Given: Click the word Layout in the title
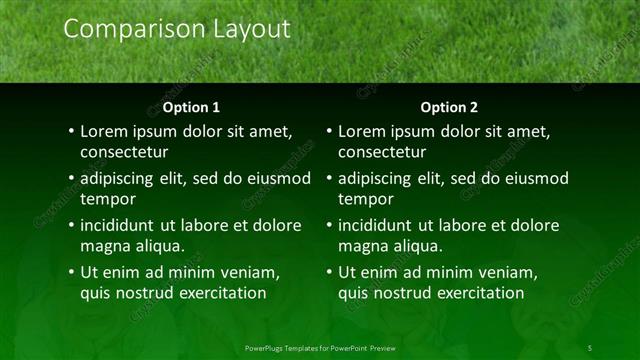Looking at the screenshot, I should point(248,30).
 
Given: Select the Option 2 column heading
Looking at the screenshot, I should point(448,107).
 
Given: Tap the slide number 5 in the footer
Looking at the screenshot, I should point(589,347).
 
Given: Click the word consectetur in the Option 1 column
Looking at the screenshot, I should point(124,153).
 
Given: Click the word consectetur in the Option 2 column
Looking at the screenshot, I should point(382,153).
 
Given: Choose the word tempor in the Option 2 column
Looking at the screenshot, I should point(365,199).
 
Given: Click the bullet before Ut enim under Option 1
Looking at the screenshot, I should point(71,273).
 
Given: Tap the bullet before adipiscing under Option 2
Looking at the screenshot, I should point(329,179).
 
